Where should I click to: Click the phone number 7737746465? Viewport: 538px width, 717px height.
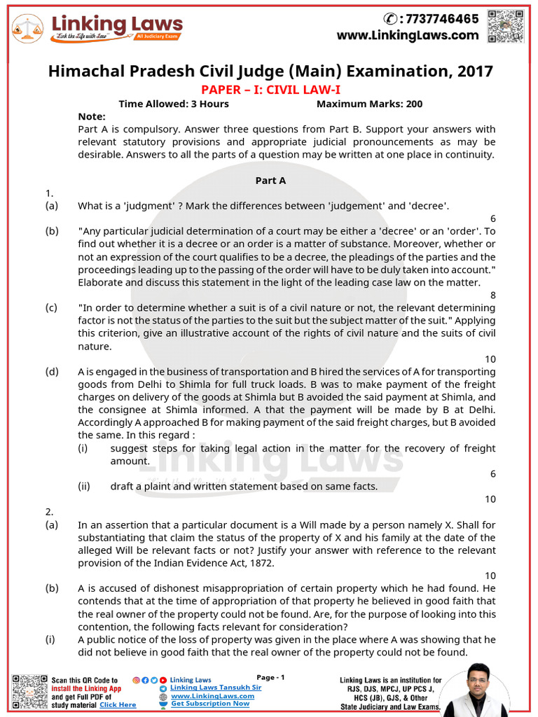point(439,19)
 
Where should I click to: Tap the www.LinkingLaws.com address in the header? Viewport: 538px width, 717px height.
point(408,35)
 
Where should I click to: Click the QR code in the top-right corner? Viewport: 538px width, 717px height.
point(506,27)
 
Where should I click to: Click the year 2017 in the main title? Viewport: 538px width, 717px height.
point(473,71)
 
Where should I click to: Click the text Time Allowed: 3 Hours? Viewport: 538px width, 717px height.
point(174,104)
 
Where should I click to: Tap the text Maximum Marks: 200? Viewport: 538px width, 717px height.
point(369,104)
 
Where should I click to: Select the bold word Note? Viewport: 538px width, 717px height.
point(92,116)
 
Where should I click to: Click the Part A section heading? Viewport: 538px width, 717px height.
point(270,180)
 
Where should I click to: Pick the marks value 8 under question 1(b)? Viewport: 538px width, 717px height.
point(492,295)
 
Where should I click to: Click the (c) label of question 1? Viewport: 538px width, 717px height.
point(52,307)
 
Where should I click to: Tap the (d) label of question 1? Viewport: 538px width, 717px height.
point(52,371)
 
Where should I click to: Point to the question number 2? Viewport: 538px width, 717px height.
point(49,512)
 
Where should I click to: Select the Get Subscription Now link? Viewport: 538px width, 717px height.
point(210,704)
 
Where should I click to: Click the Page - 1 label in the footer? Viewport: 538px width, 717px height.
point(270,677)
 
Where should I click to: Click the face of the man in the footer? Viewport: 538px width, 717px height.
point(477,680)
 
